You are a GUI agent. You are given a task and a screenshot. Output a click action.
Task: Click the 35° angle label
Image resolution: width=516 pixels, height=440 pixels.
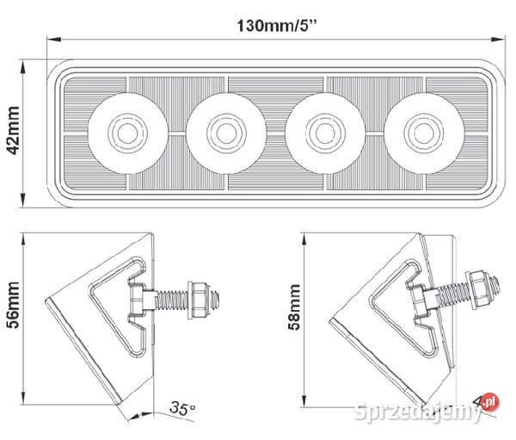point(181,407)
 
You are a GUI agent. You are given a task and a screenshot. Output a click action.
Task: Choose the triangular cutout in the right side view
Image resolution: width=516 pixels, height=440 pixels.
point(391,305)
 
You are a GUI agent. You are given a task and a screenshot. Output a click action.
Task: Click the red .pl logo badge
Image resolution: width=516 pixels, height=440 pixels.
point(489,400)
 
